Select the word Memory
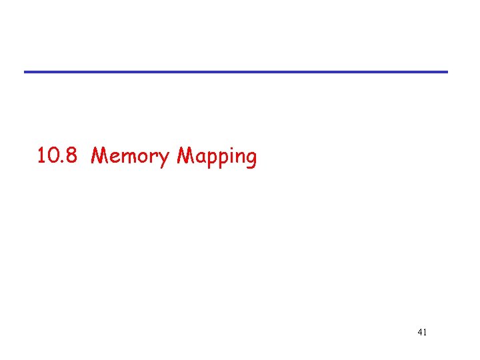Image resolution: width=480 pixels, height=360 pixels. (131, 157)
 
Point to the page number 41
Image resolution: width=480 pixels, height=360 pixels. (422, 331)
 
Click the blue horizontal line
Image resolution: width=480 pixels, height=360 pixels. (236, 71)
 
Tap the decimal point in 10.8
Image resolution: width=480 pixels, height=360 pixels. (64, 162)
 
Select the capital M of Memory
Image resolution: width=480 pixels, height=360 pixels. (100, 156)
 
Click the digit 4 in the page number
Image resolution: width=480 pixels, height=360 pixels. (419, 331)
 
